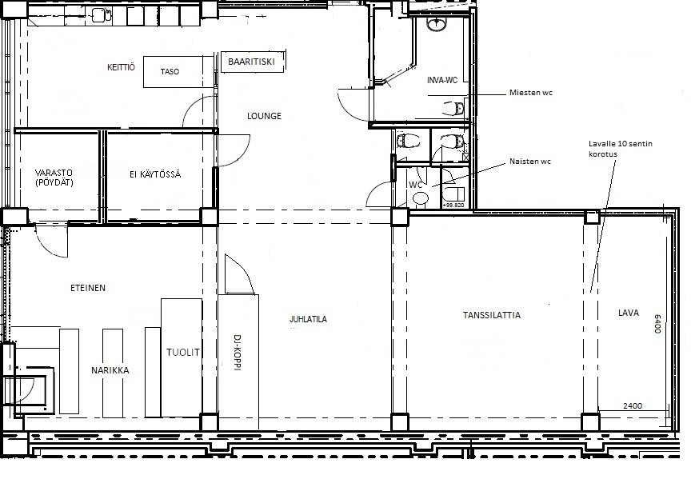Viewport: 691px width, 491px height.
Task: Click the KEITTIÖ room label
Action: click(122, 67)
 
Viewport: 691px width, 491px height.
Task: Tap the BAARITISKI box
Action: click(253, 62)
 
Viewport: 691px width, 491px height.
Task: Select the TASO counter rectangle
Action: click(179, 71)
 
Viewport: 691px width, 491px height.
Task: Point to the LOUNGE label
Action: click(264, 116)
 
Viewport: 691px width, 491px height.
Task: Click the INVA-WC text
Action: click(442, 80)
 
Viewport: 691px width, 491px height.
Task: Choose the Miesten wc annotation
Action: click(530, 93)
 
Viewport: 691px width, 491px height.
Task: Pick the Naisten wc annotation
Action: click(530, 162)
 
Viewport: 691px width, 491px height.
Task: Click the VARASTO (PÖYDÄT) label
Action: click(54, 178)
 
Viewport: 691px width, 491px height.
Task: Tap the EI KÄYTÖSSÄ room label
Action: click(155, 174)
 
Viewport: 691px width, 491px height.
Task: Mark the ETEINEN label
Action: click(88, 288)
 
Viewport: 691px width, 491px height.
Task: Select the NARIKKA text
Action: click(110, 371)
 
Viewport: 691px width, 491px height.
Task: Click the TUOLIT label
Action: click(183, 352)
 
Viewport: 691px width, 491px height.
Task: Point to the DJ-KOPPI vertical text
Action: click(237, 353)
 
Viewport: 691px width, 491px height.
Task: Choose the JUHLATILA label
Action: click(308, 319)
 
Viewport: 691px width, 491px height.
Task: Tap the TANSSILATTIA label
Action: click(491, 315)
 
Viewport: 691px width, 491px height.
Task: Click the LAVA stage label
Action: click(629, 313)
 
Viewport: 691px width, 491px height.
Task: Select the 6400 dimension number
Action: click(657, 324)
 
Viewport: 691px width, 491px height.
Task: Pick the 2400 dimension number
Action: click(633, 406)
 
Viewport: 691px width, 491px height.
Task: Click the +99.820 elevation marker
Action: click(453, 205)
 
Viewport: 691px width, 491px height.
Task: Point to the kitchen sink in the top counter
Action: click(102, 16)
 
